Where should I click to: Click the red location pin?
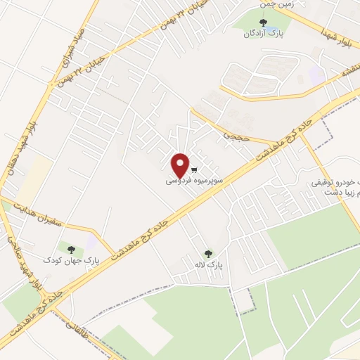181,165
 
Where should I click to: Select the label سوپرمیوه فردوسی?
195,181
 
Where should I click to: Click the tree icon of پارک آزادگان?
263,22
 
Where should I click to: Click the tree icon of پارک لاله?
207,253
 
